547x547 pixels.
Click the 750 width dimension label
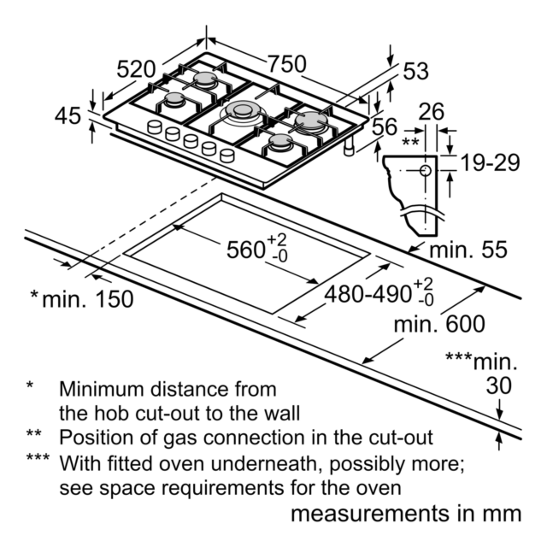point(287,64)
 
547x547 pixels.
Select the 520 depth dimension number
point(136,69)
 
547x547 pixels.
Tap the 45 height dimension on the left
point(68,116)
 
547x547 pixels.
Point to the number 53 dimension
point(416,71)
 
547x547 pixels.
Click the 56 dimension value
point(385,126)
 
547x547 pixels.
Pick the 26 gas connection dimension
point(432,112)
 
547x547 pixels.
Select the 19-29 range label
point(490,162)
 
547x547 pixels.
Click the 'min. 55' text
point(468,250)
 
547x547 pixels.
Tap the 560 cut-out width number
point(245,250)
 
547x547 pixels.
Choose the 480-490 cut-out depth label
point(368,294)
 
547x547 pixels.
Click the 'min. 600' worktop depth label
point(439,324)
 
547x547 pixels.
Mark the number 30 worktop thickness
point(499,385)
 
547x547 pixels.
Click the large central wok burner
point(243,112)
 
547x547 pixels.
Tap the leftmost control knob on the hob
point(155,127)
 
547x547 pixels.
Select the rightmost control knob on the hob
point(227,156)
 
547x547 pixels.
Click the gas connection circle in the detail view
point(426,171)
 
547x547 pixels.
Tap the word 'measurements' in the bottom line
point(371,515)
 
